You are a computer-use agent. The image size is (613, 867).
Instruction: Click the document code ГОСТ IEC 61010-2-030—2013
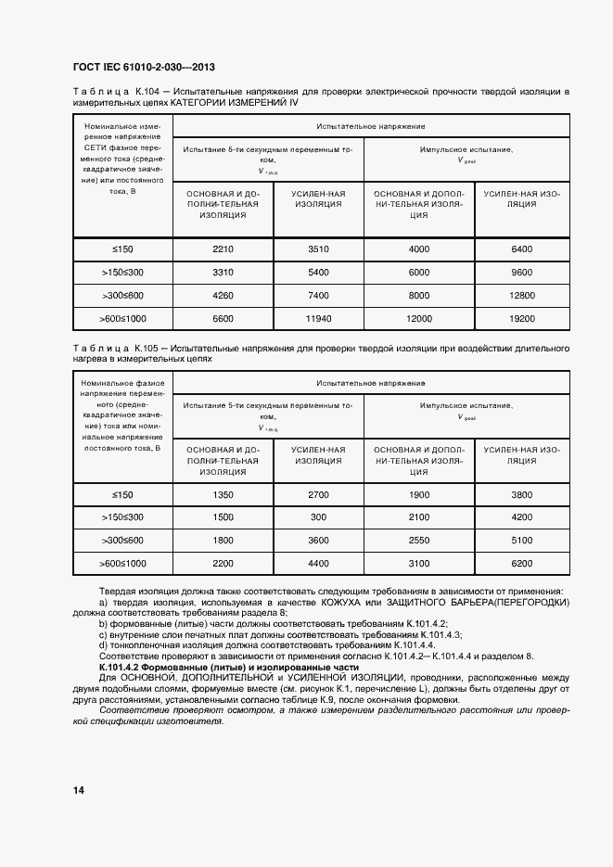144,69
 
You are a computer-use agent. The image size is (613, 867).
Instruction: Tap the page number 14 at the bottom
78,790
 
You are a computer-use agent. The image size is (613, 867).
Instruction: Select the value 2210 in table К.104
222,249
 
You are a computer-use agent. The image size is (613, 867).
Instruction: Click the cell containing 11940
318,319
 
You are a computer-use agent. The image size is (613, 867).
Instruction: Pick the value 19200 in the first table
522,319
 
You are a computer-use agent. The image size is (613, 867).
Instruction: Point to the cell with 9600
522,273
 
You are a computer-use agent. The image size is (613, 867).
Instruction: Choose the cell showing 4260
222,296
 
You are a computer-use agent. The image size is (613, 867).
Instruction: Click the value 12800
522,296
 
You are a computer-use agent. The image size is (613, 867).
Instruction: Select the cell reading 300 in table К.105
318,517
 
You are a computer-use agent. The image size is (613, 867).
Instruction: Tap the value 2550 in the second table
419,541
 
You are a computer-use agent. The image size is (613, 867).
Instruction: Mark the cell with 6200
522,564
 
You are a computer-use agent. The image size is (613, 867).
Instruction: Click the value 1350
222,494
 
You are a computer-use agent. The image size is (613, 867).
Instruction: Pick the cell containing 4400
318,564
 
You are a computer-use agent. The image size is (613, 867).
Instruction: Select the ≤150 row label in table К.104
123,249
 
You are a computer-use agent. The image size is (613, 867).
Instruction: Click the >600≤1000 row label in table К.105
123,564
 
